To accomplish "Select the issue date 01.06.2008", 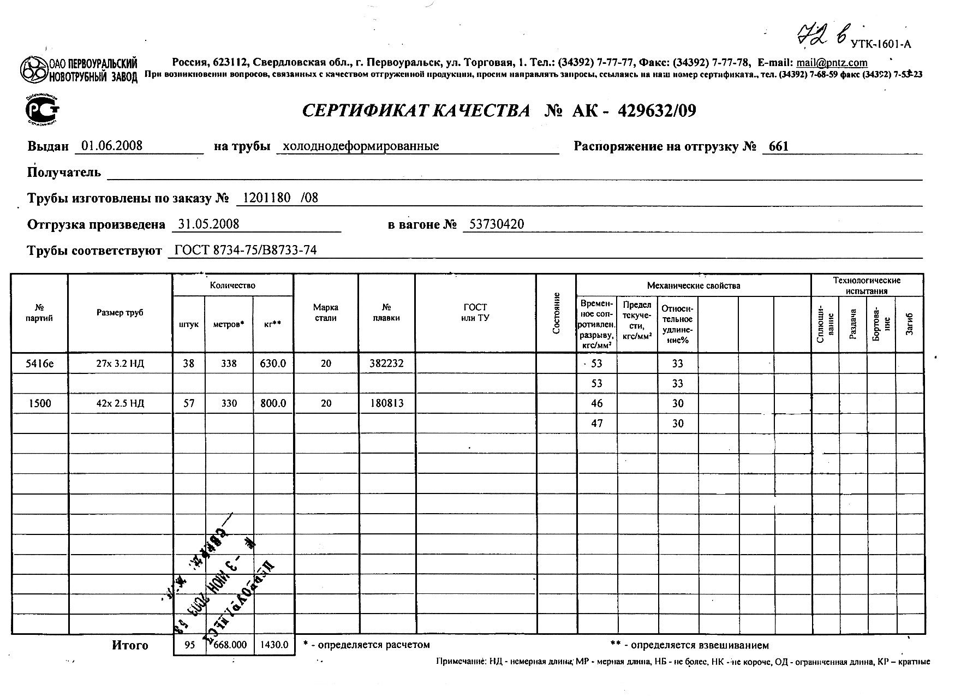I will click(111, 146).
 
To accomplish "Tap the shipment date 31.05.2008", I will click(209, 224).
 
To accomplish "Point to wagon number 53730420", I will click(496, 224).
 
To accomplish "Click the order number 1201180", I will click(266, 198).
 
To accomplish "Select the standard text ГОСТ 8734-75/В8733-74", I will click(245, 251).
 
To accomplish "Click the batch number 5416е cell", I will click(39, 364).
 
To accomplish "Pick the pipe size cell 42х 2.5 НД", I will click(120, 404).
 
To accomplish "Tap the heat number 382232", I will click(386, 364).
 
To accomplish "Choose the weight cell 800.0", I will click(273, 404).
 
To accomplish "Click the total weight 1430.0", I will click(274, 645).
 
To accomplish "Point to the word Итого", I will click(130, 645).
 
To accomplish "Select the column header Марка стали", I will click(326, 313).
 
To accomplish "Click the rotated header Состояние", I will click(556, 313).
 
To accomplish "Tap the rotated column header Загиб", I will click(909, 325).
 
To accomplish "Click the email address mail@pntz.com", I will click(832, 63).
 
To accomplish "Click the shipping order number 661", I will click(778, 146).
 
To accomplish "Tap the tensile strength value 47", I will click(596, 424).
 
